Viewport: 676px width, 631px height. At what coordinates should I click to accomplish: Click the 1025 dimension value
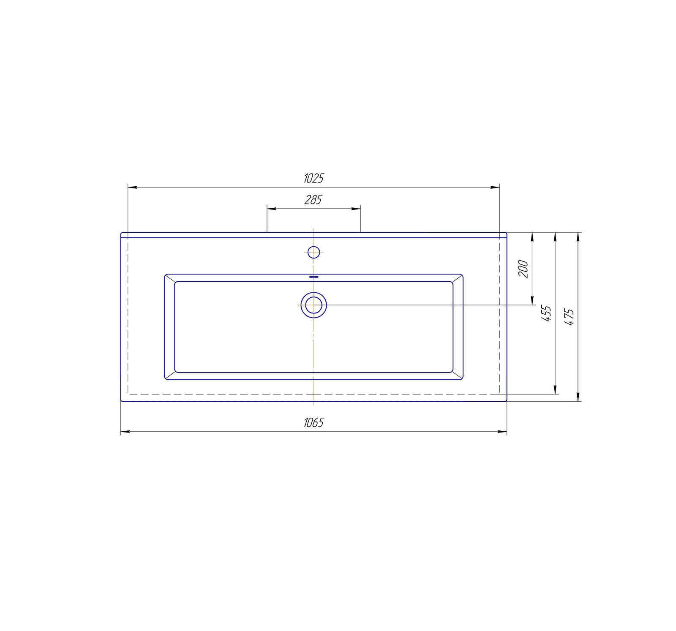pyautogui.click(x=313, y=178)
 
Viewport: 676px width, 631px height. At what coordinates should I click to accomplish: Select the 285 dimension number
pyautogui.click(x=313, y=199)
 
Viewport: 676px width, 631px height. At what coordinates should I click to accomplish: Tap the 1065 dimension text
pyautogui.click(x=313, y=422)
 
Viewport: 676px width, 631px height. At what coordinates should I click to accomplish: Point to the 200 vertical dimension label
pyautogui.click(x=523, y=269)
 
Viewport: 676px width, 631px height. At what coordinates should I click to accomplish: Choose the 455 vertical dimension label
pyautogui.click(x=546, y=313)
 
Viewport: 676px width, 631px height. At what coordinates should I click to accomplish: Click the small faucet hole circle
pyautogui.click(x=313, y=252)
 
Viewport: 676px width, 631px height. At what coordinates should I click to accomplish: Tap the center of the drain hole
pyautogui.click(x=313, y=305)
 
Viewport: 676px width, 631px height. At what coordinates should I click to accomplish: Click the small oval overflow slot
pyautogui.click(x=313, y=277)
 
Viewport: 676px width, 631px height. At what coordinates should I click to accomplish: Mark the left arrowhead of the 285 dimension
pyautogui.click(x=271, y=209)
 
